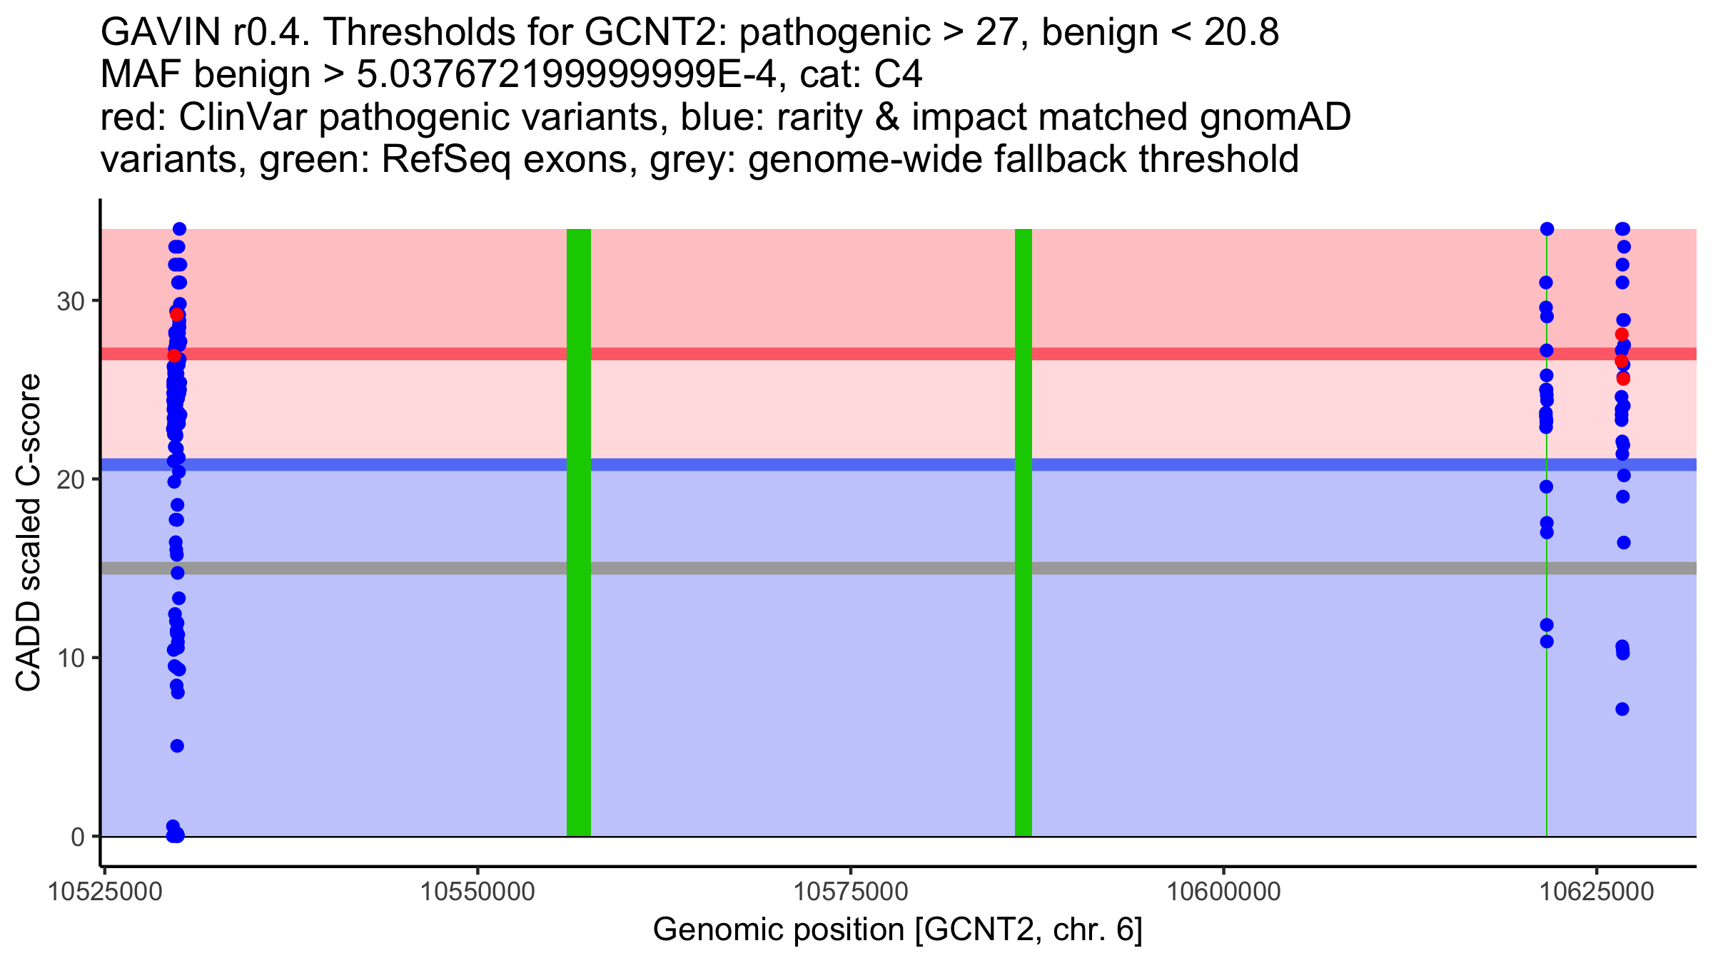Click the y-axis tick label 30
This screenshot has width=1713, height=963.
(70, 301)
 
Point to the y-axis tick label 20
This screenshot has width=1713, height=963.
(70, 479)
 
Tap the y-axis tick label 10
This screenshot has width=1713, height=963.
(70, 658)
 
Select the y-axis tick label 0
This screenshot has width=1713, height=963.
(78, 837)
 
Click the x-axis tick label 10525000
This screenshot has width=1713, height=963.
(105, 892)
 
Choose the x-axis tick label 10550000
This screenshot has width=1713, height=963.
(477, 892)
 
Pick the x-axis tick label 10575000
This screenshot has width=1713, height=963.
(851, 892)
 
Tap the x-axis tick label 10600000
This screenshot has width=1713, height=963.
(1223, 892)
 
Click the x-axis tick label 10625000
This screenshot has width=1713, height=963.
(1597, 892)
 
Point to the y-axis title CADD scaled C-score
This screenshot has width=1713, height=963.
(29, 534)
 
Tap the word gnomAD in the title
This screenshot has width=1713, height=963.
(1275, 117)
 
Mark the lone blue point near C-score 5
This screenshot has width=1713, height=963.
(177, 746)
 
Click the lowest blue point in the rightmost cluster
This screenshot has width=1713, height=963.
(1622, 709)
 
